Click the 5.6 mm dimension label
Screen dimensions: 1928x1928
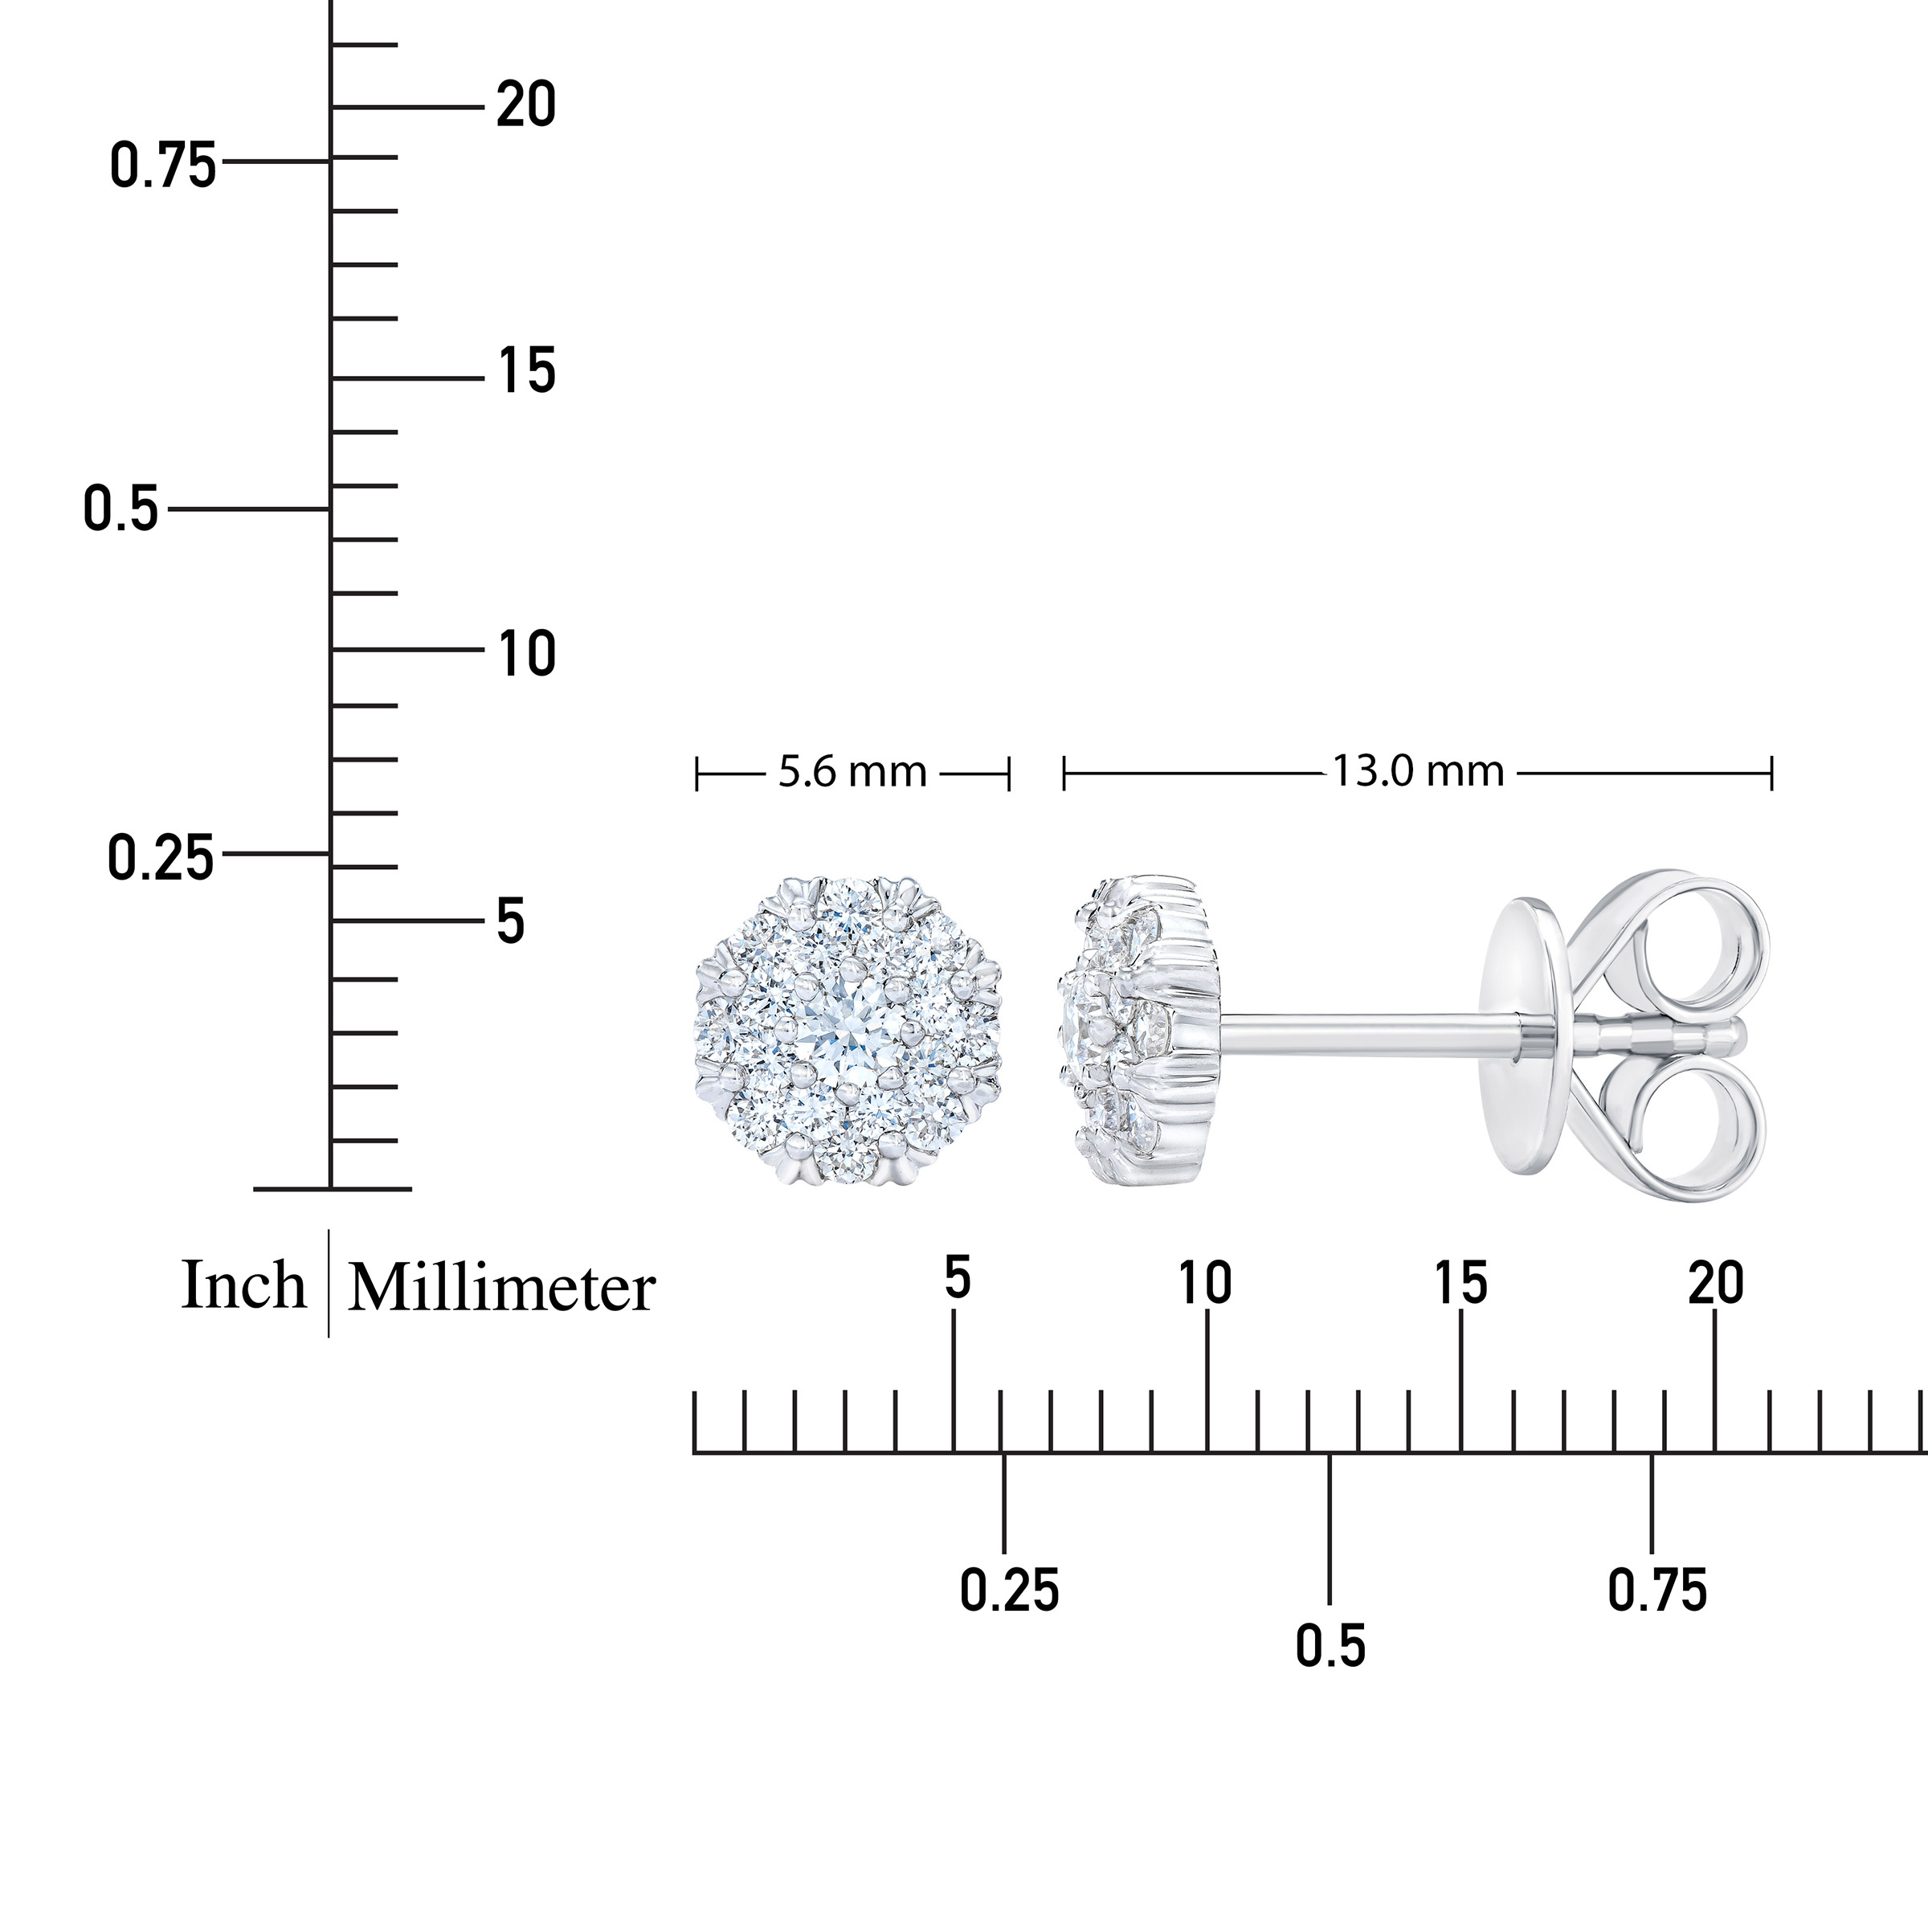[852, 772]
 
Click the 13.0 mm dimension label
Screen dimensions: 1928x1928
[1418, 771]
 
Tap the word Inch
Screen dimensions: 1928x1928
[243, 1285]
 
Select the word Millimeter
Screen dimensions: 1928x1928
[501, 1287]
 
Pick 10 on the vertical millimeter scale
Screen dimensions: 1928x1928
[527, 655]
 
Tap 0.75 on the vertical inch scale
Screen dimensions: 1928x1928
[162, 165]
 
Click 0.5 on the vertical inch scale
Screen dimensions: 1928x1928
[120, 509]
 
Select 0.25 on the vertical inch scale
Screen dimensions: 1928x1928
[161, 858]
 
